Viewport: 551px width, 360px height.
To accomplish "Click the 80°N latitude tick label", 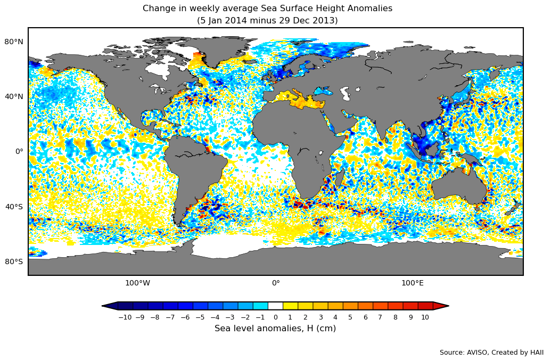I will (14, 42).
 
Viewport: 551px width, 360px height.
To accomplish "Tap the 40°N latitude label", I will (14, 96).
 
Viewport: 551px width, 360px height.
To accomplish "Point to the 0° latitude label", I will (19, 151).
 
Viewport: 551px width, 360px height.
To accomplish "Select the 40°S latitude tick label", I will (14, 207).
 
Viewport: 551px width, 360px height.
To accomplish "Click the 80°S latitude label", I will (14, 261).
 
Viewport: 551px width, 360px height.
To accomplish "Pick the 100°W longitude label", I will (137, 283).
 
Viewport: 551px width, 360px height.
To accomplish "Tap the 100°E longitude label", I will (412, 283).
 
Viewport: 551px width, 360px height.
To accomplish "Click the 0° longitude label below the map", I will (276, 283).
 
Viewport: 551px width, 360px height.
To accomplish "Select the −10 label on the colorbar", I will (125, 317).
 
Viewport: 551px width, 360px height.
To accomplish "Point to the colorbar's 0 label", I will (275, 317).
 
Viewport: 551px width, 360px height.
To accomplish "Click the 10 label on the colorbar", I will (425, 317).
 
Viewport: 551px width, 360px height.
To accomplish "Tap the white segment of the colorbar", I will (275, 306).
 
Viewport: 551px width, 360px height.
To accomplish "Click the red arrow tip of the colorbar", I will (441, 306).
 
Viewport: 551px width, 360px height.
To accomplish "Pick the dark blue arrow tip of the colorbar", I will (110, 306).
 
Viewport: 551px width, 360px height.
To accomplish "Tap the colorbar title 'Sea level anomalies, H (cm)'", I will (275, 329).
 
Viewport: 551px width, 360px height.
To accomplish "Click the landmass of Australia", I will (459, 186).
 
